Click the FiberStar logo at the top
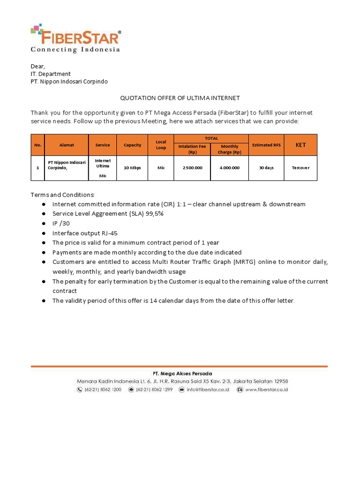[x=76, y=36]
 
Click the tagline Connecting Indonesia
[x=75, y=50]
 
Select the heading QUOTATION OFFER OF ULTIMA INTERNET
[x=180, y=98]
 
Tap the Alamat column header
[x=67, y=145]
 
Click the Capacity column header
[x=132, y=145]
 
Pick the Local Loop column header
[x=161, y=145]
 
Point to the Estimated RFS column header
[x=266, y=145]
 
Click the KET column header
[x=300, y=145]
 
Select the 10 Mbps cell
[x=132, y=168]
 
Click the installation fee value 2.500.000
[x=192, y=168]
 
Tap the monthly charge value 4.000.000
[x=230, y=168]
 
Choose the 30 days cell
[x=266, y=168]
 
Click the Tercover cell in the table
[x=300, y=168]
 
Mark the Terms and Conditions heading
[x=63, y=195]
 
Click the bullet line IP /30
[x=61, y=224]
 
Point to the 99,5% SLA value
[x=154, y=214]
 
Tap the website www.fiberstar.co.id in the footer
[x=266, y=390]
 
